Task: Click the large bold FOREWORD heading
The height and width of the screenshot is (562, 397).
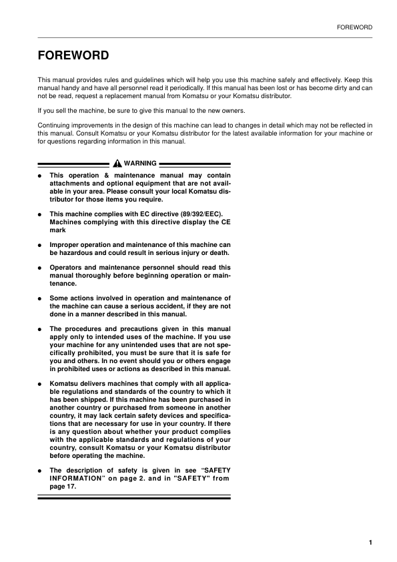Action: (x=73, y=55)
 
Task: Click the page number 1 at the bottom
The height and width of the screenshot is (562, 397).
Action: (x=370, y=542)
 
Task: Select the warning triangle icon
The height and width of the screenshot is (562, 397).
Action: (x=117, y=164)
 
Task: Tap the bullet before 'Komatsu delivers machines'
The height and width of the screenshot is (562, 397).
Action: (x=40, y=386)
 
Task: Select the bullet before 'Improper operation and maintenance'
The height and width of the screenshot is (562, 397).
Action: (x=40, y=245)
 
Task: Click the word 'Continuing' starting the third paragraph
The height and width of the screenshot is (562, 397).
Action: (x=53, y=125)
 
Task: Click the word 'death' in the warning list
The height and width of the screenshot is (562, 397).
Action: (x=219, y=253)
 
